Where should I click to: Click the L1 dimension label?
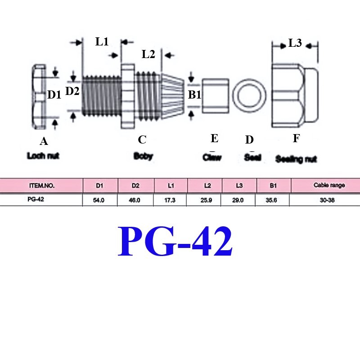(x=102, y=42)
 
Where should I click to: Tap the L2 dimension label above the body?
(x=148, y=54)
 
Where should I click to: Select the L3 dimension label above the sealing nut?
(x=295, y=43)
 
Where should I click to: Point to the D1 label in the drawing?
(x=54, y=94)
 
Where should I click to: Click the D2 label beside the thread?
(x=72, y=91)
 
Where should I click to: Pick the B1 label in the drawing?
(x=194, y=94)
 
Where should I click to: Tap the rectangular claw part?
(x=216, y=96)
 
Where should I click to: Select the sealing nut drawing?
(x=295, y=95)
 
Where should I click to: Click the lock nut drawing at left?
(x=39, y=97)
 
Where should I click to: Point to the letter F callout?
(x=297, y=139)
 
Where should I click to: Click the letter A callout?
(x=44, y=141)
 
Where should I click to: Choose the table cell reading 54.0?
(x=99, y=200)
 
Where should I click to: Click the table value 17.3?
(x=170, y=200)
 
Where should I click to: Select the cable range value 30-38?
(x=327, y=200)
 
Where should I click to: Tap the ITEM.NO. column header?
(x=42, y=186)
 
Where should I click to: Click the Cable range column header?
(x=329, y=185)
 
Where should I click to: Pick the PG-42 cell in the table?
(x=36, y=199)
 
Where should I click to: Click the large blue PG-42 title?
(x=175, y=241)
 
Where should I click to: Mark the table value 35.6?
(x=271, y=200)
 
